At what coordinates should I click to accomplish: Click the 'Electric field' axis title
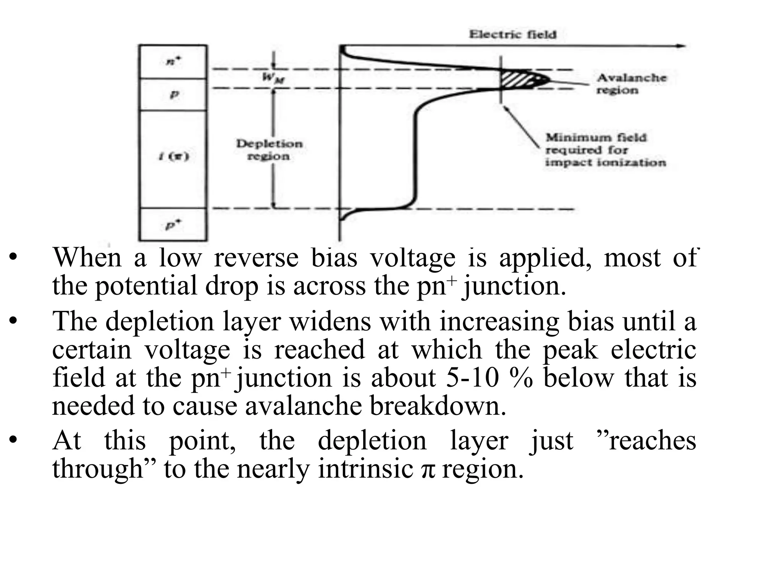pyautogui.click(x=512, y=34)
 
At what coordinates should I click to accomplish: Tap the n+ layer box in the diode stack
pyautogui.click(x=173, y=62)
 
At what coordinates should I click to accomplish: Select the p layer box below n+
pyautogui.click(x=173, y=95)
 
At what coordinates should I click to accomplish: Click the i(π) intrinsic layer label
pyautogui.click(x=174, y=156)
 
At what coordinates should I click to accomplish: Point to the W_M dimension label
pyautogui.click(x=273, y=78)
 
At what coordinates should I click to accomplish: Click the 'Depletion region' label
pyautogui.click(x=269, y=150)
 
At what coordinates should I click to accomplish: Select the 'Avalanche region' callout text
pyautogui.click(x=631, y=84)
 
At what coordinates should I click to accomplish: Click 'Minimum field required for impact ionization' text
pyautogui.click(x=605, y=150)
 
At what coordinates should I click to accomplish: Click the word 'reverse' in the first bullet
pyautogui.click(x=256, y=258)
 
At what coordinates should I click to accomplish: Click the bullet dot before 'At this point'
pyautogui.click(x=13, y=441)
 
